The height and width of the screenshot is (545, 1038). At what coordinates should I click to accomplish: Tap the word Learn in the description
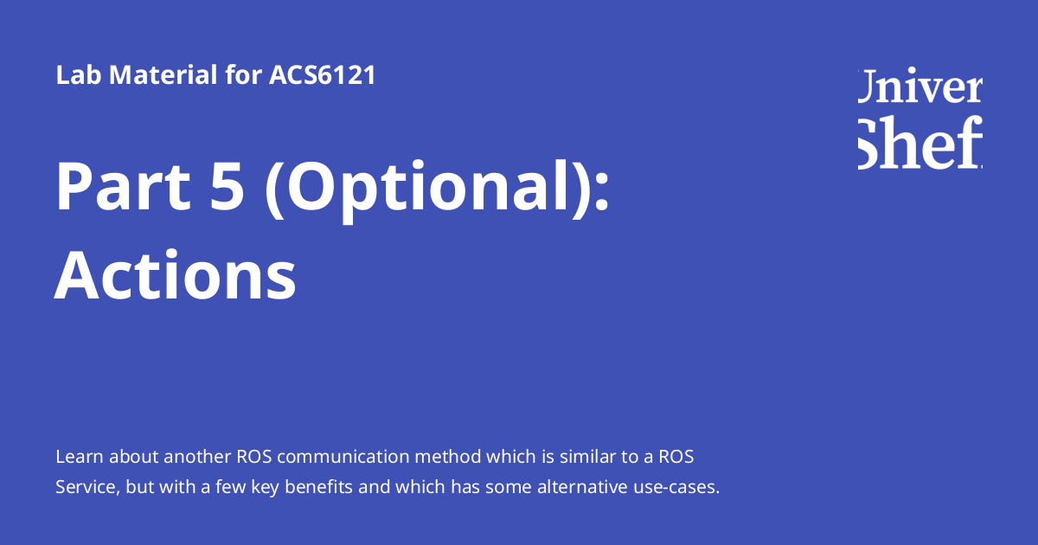[76, 456]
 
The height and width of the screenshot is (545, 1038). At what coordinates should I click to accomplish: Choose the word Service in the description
[86, 487]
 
